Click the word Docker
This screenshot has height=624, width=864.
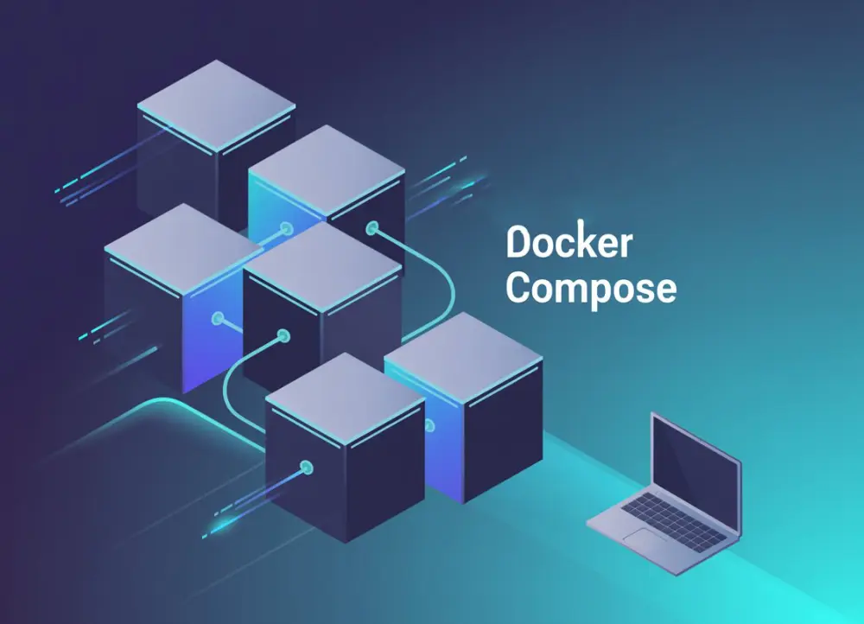(x=569, y=244)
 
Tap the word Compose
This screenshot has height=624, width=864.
(x=591, y=289)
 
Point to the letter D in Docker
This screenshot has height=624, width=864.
(x=517, y=244)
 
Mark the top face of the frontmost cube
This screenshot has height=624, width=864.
(x=345, y=398)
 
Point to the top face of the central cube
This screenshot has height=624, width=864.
(x=322, y=266)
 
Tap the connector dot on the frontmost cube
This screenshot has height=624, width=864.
(x=305, y=468)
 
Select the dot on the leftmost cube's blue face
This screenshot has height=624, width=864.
(x=217, y=317)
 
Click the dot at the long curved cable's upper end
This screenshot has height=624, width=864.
(x=372, y=229)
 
